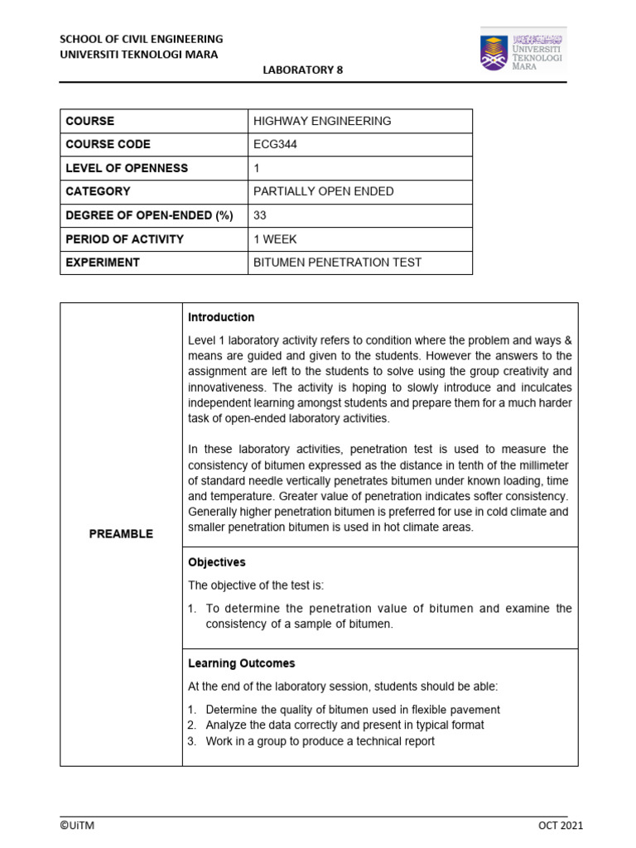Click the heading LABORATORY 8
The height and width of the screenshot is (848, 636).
pos(302,70)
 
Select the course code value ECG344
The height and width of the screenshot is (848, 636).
pos(275,144)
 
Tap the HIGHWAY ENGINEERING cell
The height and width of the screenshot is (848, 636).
pos(322,121)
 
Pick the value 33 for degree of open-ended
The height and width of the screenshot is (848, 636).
pos(261,215)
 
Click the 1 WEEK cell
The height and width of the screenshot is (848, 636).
pos(276,238)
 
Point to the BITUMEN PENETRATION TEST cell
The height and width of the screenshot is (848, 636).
pos(337,263)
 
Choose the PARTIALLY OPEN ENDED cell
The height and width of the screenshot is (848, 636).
pos(324,191)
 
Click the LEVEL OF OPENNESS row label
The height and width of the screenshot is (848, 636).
pos(127,168)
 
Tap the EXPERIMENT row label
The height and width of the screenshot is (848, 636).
pos(103,263)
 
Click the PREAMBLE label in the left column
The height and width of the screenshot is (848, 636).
pos(121,534)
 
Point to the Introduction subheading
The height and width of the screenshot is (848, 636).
pos(221,317)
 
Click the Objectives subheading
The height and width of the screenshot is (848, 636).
pos(217,562)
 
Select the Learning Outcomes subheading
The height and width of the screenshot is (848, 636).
pos(241,663)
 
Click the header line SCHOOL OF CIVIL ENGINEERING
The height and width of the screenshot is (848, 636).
pos(141,39)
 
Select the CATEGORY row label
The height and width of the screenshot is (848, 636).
pos(98,191)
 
